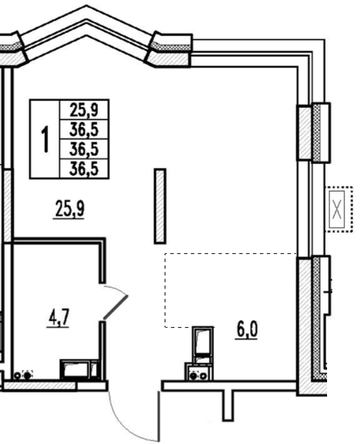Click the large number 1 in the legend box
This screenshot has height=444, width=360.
pos(46,139)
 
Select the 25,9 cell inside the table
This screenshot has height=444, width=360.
pos(84,109)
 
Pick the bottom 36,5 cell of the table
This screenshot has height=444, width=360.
pos(84,168)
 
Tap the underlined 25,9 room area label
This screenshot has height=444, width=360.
pos(69,209)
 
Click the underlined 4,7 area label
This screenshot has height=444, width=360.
pos(58,318)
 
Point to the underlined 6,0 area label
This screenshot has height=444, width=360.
pos(247,330)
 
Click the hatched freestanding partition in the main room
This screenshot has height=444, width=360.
pos(160,206)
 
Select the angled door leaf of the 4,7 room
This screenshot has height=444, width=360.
pos(115,308)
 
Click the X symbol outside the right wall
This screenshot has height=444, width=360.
pos(337,209)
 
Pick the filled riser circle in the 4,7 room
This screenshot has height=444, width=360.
pos(27,376)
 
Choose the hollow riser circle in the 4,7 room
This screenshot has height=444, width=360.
pos(17,376)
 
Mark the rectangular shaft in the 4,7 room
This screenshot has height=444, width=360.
pos(76,369)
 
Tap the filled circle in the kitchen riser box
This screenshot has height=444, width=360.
pos(194,376)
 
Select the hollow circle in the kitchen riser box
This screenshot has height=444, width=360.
pos(204,376)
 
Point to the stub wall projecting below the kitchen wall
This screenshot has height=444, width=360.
pos(228,405)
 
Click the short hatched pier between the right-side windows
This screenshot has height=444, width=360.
pos(305,133)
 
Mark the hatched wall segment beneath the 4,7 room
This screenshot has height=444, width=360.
pos(40,386)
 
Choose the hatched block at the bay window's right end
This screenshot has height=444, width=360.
pos(168,59)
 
